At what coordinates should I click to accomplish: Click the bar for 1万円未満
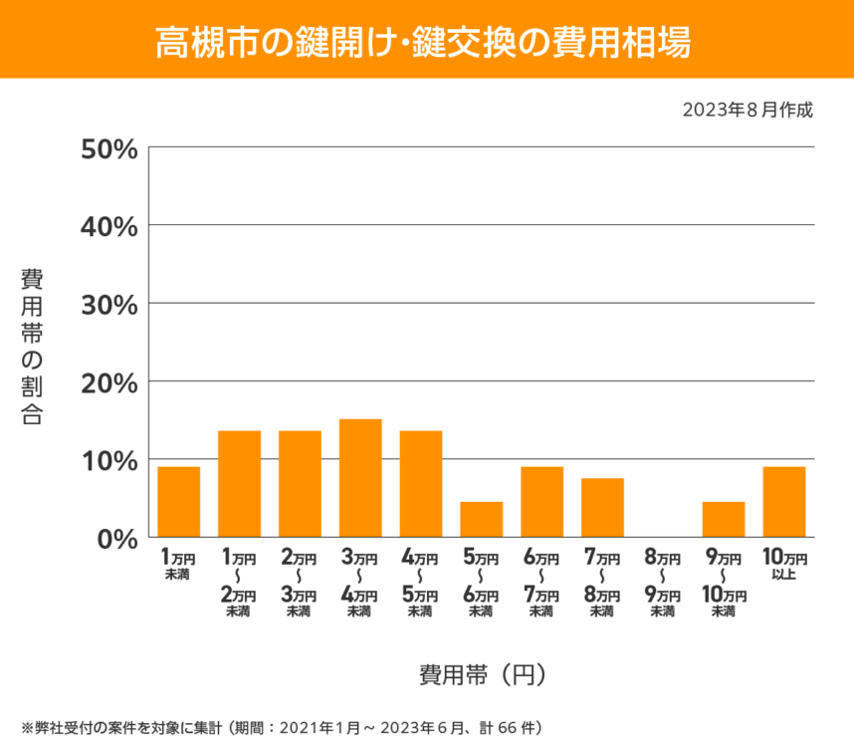(x=179, y=502)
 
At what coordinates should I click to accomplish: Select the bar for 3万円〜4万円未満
(x=360, y=478)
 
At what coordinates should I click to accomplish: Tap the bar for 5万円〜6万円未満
(x=482, y=520)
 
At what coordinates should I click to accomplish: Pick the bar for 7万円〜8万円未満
(x=602, y=508)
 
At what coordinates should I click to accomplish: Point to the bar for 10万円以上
(x=783, y=502)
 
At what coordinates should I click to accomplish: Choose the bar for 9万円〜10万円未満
(x=724, y=520)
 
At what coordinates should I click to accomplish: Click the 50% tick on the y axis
(x=108, y=148)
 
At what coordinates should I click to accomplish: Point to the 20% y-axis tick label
(x=108, y=382)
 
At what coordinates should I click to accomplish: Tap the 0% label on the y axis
(x=116, y=539)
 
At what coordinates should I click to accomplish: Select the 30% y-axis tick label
(x=108, y=305)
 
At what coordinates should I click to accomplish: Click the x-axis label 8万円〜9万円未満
(x=663, y=583)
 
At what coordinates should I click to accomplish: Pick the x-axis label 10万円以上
(x=783, y=564)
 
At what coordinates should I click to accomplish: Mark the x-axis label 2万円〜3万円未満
(x=300, y=583)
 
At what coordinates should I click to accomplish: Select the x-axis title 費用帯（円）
(x=482, y=674)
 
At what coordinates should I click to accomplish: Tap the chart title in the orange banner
(x=426, y=40)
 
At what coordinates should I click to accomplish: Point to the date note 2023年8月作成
(x=747, y=110)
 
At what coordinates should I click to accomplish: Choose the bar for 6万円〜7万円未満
(x=542, y=502)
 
